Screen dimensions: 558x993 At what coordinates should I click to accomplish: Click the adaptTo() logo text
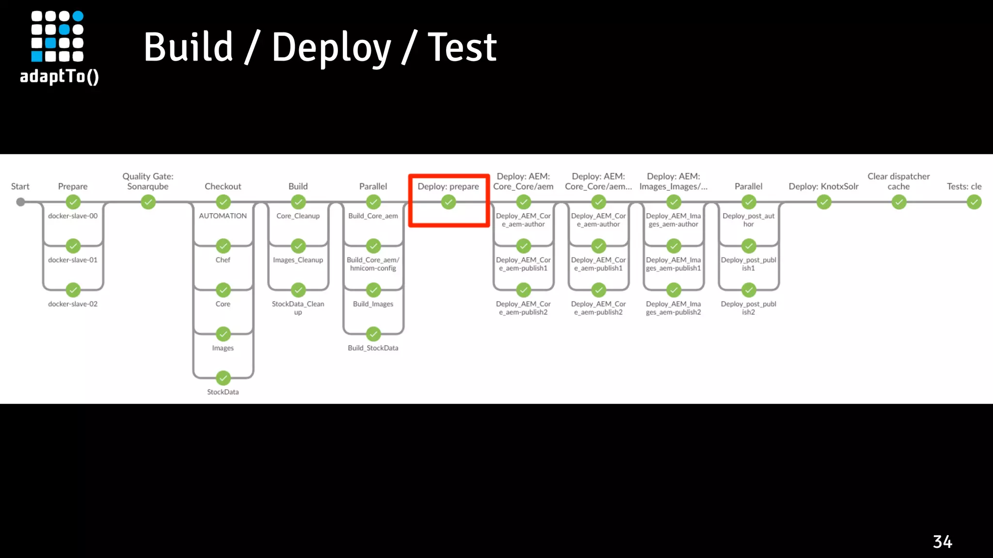click(x=59, y=77)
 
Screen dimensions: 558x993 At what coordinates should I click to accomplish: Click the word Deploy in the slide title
click(x=331, y=47)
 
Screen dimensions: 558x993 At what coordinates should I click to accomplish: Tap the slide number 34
click(x=942, y=542)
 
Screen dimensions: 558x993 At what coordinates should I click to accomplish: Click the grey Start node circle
click(x=20, y=202)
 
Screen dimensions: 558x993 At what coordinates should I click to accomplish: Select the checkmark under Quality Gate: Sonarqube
click(x=148, y=202)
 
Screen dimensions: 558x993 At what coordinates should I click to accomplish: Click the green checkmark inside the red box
click(x=448, y=202)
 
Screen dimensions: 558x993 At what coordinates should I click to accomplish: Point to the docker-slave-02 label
click(x=73, y=304)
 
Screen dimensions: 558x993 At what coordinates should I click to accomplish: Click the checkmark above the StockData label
click(x=223, y=378)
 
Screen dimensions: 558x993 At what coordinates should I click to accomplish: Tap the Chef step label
click(x=223, y=260)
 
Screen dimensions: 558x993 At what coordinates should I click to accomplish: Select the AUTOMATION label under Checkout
click(x=223, y=216)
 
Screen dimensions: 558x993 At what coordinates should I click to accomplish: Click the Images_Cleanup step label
click(x=298, y=260)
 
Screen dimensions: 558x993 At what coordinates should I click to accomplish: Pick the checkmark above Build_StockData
click(x=373, y=334)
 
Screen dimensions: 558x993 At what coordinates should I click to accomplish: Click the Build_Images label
click(x=373, y=304)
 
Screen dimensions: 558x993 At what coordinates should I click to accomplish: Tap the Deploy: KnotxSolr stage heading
click(x=823, y=186)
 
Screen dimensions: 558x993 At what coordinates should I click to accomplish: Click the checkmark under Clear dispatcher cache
click(x=899, y=202)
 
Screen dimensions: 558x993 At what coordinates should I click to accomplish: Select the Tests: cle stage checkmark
click(x=974, y=202)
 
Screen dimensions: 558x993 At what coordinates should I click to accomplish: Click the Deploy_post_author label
click(x=748, y=220)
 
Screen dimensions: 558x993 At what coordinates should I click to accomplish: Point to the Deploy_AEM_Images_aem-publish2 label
click(x=673, y=308)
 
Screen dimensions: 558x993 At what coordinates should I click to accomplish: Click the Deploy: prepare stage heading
click(x=448, y=186)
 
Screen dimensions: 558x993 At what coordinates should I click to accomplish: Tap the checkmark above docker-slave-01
click(x=73, y=246)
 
